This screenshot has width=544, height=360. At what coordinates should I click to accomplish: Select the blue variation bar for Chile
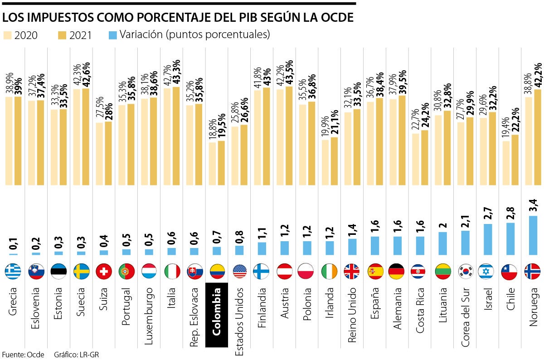pyautogui.click(x=511, y=238)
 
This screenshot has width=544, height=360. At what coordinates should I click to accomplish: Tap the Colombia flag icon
pyautogui.click(x=216, y=271)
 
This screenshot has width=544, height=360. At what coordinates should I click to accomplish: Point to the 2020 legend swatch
pyautogui.click(x=8, y=35)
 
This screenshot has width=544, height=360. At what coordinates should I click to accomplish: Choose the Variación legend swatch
pyautogui.click(x=112, y=35)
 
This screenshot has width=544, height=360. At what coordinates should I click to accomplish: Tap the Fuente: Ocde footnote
pyautogui.click(x=23, y=355)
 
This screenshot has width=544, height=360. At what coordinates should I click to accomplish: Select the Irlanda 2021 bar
pyautogui.click(x=335, y=161)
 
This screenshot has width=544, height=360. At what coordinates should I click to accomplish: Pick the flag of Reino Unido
pyautogui.click(x=352, y=271)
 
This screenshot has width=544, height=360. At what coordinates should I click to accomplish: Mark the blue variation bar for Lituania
pyautogui.click(x=443, y=243)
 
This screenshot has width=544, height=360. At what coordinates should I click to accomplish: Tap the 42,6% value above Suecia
pyautogui.click(x=85, y=74)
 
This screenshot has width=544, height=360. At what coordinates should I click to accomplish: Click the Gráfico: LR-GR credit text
pyautogui.click(x=76, y=355)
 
